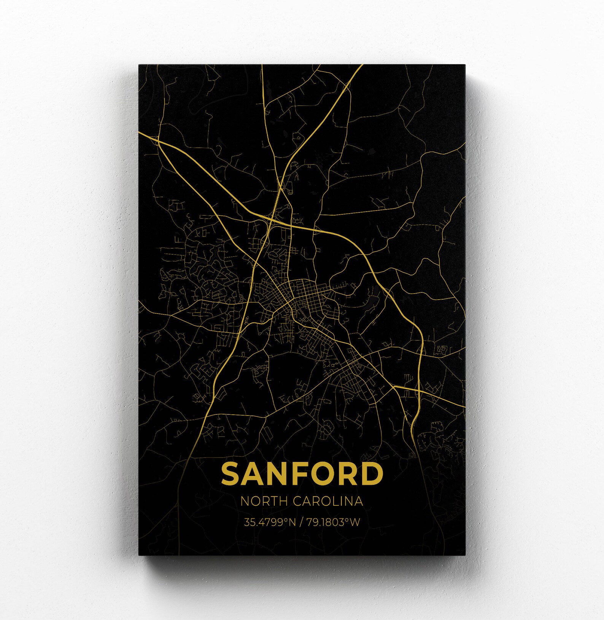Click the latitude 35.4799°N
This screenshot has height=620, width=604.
click(270, 522)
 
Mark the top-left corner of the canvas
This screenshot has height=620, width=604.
click(139, 65)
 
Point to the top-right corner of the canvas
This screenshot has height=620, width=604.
click(465, 65)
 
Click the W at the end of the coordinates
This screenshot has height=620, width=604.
click(354, 522)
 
